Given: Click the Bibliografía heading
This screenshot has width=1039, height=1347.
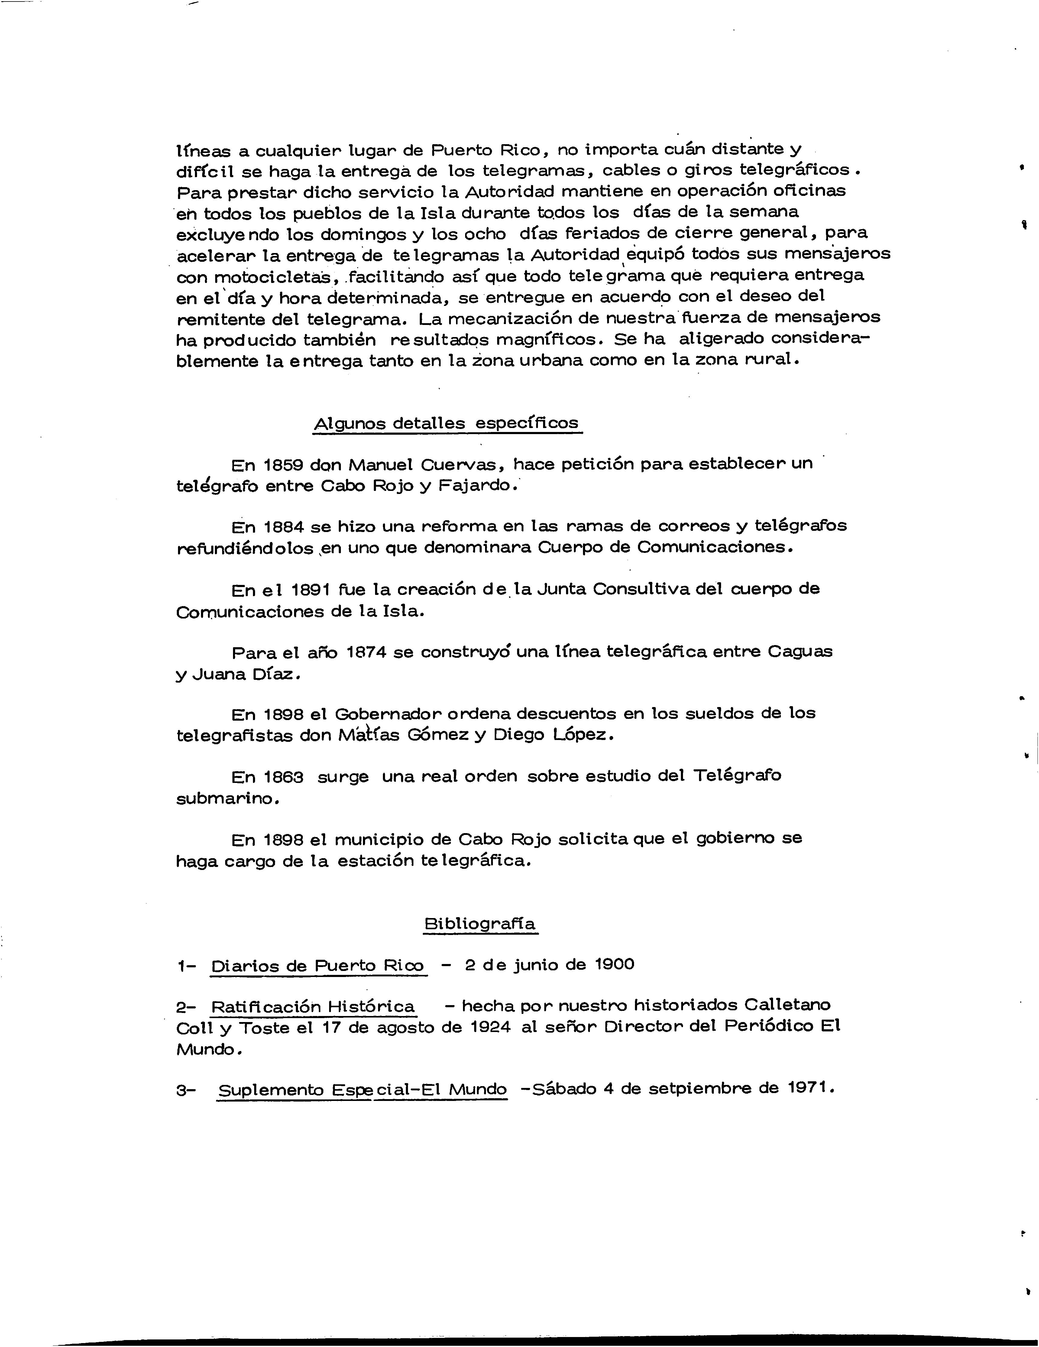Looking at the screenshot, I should pyautogui.click(x=480, y=924).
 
